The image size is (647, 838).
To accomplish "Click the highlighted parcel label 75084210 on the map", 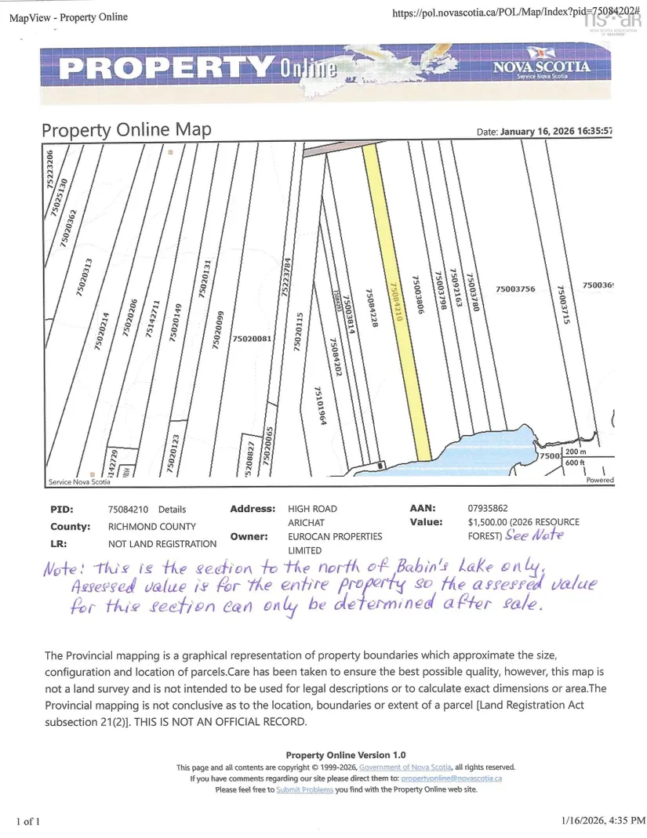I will point(396,310).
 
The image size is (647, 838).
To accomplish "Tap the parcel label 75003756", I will point(515,289).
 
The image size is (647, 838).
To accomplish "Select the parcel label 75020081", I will point(252,339).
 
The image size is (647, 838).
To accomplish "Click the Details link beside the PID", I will point(172,510).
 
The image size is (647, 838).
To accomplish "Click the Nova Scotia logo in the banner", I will point(541,67).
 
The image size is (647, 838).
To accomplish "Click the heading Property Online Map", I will point(126,129).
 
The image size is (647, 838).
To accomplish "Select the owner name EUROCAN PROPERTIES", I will point(335,536).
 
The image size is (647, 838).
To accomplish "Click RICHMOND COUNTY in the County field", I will point(152,527).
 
